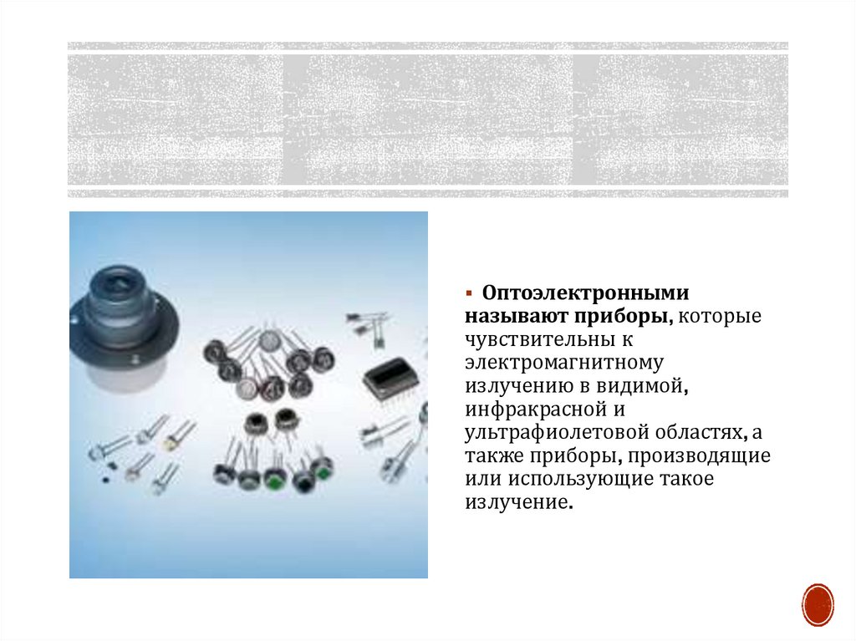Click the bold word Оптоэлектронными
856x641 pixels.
coord(585,293)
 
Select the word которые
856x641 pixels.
coord(720,317)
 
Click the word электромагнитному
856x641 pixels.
coord(564,363)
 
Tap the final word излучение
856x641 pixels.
coord(519,502)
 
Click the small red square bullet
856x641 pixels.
coord(468,293)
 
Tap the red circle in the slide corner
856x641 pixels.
coord(818,605)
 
